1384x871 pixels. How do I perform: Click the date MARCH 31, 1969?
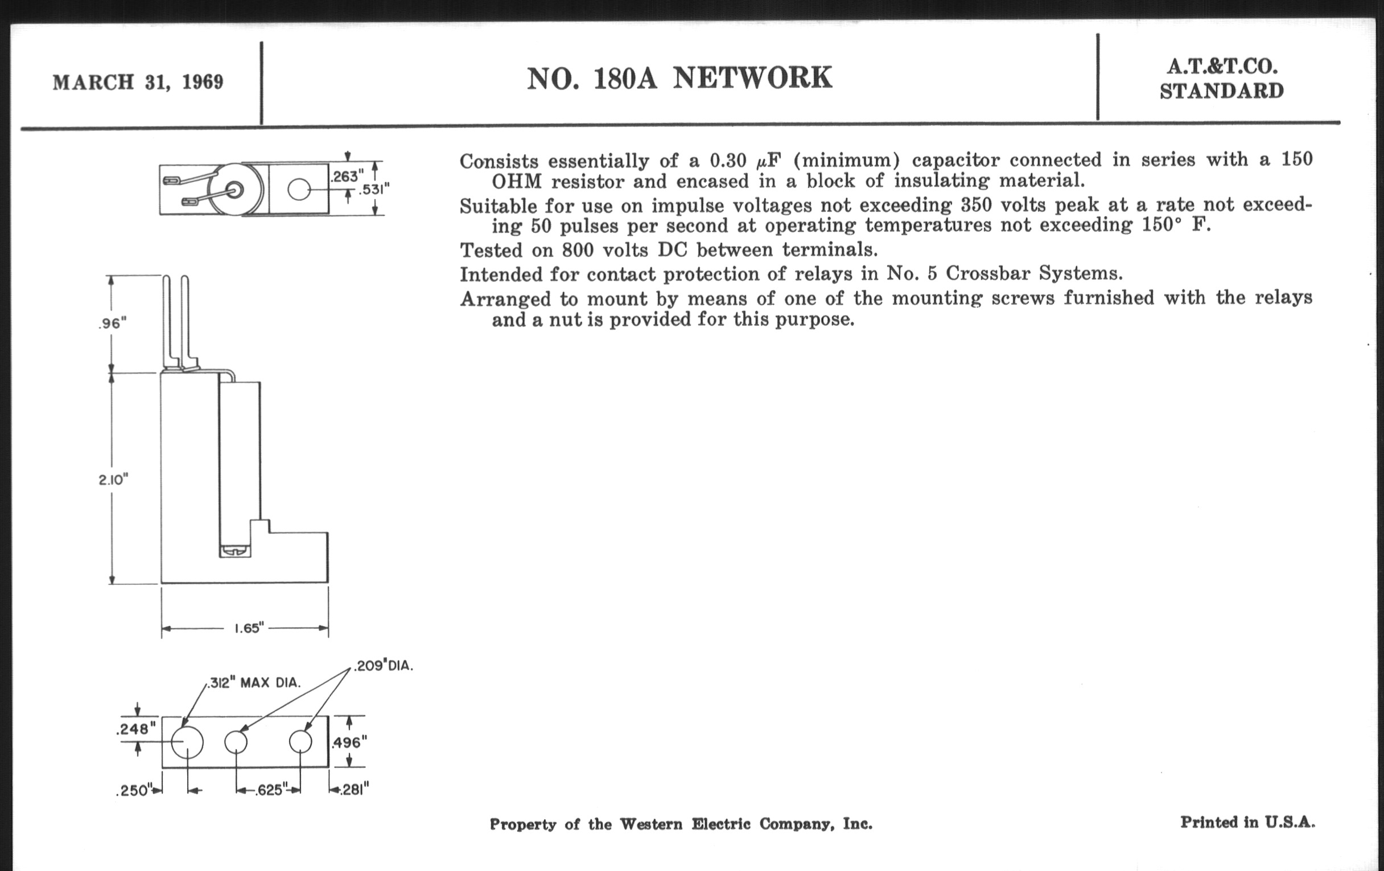click(x=138, y=82)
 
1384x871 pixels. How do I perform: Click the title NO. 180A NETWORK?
click(x=679, y=78)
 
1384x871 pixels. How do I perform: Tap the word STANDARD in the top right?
click(x=1221, y=92)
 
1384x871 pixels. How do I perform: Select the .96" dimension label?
click(x=112, y=324)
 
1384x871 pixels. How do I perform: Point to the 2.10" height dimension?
click(x=113, y=479)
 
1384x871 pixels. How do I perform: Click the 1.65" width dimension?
click(x=248, y=628)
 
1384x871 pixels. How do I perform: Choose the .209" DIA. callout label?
click(x=384, y=665)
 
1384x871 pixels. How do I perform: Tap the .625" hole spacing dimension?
click(x=269, y=790)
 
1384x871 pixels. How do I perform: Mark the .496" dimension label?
click(x=349, y=742)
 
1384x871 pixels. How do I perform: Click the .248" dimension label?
click(x=135, y=729)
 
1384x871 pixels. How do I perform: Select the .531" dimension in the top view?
click(x=374, y=188)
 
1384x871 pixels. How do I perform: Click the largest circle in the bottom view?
click(x=187, y=742)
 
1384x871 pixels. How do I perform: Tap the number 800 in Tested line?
click(x=577, y=250)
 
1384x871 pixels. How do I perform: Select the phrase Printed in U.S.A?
click(x=1247, y=822)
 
